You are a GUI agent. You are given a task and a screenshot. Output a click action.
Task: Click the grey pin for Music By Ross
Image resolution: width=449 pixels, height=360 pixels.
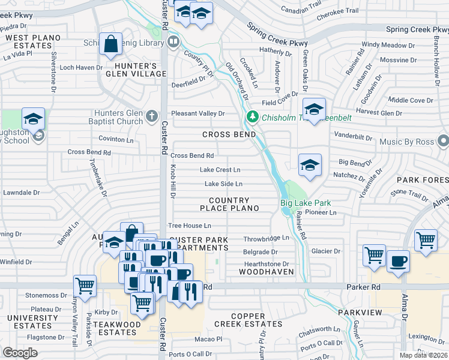[x=444, y=140]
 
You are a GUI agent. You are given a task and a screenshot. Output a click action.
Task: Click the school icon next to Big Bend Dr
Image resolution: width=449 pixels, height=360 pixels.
[x=310, y=165]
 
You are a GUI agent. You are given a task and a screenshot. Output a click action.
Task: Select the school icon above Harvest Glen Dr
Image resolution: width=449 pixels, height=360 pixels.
[x=314, y=109]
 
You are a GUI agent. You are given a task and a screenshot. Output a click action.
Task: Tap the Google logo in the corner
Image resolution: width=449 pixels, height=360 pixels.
[x=20, y=353]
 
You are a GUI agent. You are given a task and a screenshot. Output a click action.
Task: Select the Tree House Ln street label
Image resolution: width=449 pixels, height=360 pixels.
[x=190, y=226]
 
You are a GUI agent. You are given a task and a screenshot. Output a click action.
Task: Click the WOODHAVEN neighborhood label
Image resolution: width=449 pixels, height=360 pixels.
[x=267, y=272]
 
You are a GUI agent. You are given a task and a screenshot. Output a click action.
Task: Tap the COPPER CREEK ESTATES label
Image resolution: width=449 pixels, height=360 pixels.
[x=248, y=320]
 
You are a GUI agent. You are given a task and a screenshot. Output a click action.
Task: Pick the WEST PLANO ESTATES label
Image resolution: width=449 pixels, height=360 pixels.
[x=33, y=41]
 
